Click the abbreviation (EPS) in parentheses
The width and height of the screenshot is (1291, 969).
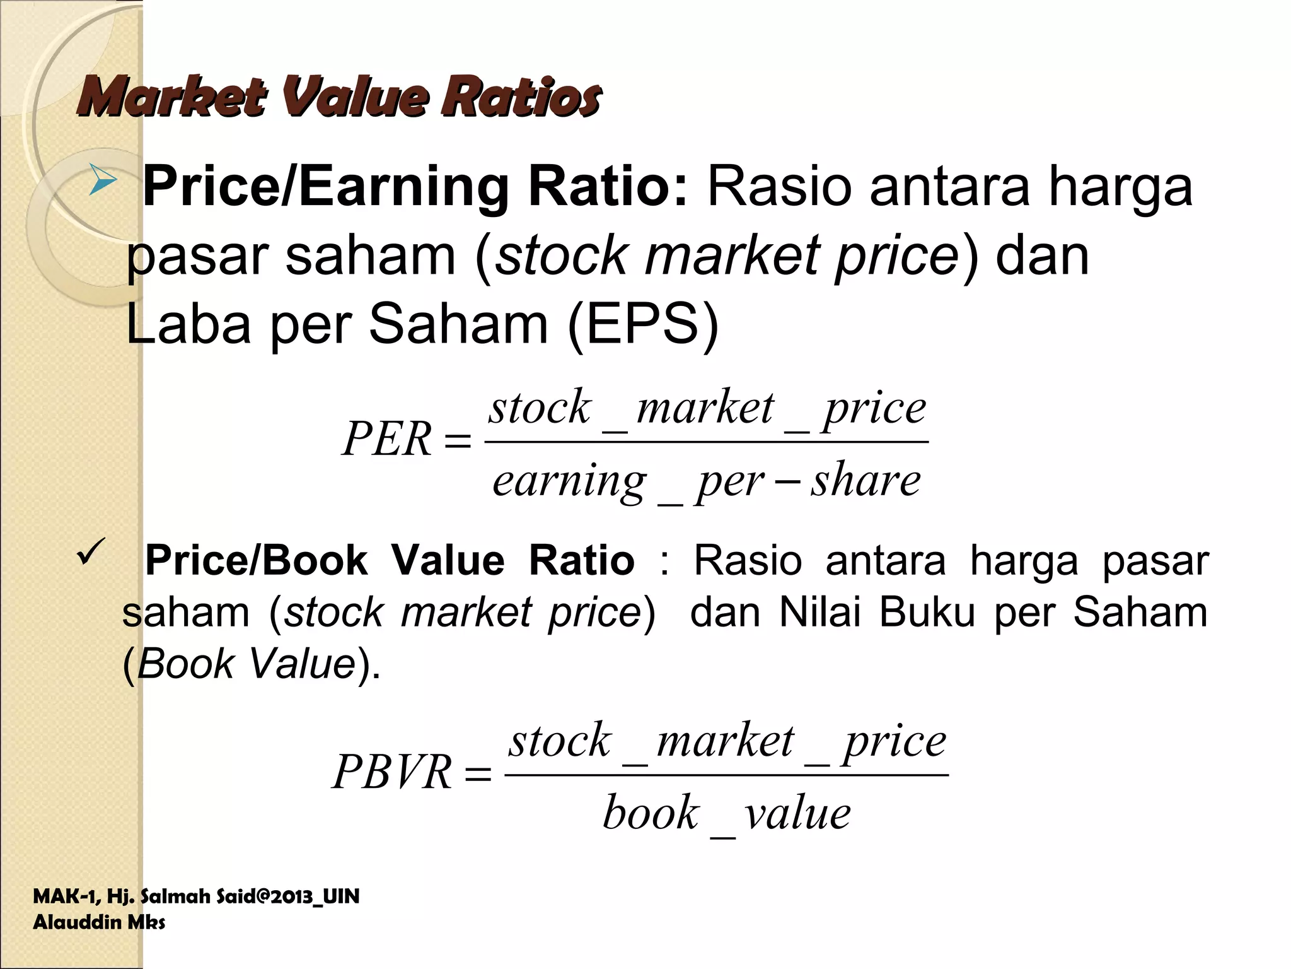point(643,323)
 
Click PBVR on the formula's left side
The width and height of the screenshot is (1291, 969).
point(392,772)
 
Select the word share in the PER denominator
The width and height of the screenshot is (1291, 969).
point(865,481)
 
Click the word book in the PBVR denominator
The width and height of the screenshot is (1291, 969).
point(651,813)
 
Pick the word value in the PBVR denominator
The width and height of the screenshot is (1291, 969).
point(797,813)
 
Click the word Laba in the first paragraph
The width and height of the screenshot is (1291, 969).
point(188,323)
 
